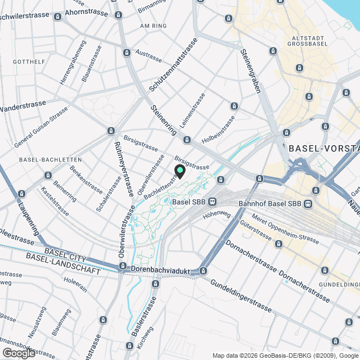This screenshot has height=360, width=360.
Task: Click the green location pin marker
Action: point(180,171)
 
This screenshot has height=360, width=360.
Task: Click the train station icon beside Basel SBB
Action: point(212,202)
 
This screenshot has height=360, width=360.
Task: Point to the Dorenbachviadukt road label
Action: point(160,271)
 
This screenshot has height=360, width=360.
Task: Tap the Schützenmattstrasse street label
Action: point(174,65)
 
